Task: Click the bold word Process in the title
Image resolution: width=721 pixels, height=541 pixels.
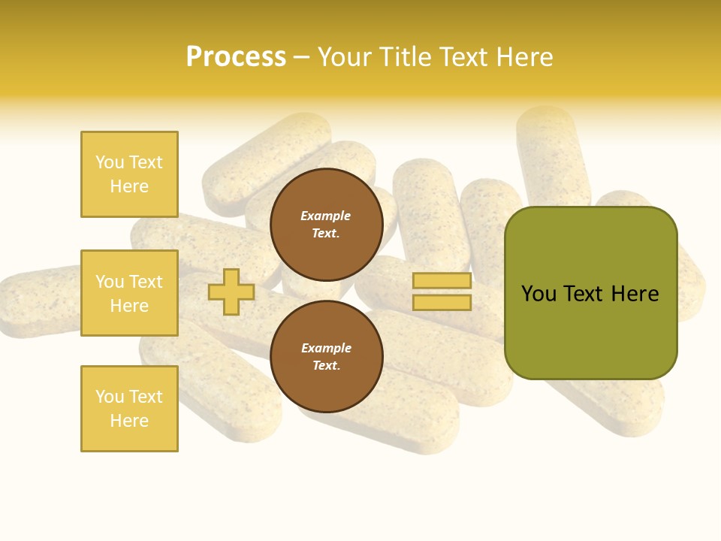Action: click(236, 57)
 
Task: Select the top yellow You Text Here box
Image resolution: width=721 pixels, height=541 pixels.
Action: click(129, 174)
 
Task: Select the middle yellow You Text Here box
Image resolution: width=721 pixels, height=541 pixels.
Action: click(129, 293)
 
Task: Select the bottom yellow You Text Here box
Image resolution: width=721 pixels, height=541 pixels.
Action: click(129, 409)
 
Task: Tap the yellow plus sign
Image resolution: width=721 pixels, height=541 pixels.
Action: click(231, 292)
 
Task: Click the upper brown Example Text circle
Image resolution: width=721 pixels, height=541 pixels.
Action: click(327, 225)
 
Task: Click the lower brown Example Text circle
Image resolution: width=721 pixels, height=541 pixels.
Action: click(327, 357)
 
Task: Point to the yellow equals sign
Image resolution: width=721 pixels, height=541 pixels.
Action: click(442, 292)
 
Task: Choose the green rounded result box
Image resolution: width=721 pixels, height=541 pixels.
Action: click(590, 293)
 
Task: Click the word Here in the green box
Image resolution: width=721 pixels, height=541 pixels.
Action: click(635, 294)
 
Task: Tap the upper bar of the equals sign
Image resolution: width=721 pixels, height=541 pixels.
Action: click(442, 281)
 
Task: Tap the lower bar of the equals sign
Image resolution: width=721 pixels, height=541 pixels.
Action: click(442, 303)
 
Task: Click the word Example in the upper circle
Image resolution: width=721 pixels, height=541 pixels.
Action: click(326, 216)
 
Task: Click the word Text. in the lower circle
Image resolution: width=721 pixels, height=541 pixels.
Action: click(327, 366)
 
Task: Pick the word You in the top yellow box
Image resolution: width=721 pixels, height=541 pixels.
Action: click(109, 162)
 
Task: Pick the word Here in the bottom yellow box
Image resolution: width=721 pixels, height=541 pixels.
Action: click(129, 421)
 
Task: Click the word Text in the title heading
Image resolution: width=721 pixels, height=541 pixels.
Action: click(461, 57)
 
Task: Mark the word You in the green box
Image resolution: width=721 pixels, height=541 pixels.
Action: click(538, 294)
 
